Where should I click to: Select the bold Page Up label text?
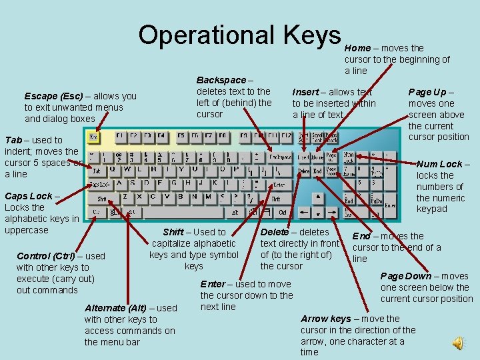pos(427,92)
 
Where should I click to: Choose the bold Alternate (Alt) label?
pos(118,308)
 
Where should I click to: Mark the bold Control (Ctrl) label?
pos(45,256)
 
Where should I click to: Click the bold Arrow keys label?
pos(325,319)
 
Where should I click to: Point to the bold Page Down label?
pos(405,276)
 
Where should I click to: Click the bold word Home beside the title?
pos(357,48)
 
